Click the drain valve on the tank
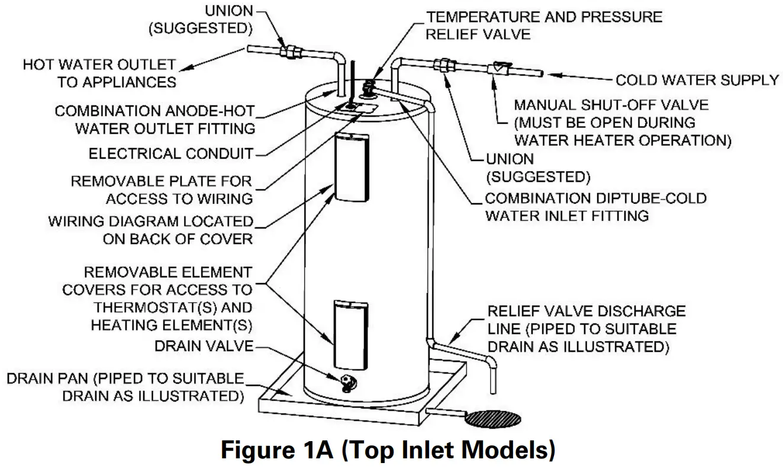[x=347, y=381]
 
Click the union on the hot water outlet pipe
[x=291, y=52]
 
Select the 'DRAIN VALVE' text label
[x=203, y=346]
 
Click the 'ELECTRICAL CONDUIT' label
[x=170, y=154]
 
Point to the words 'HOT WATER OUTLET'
[x=99, y=64]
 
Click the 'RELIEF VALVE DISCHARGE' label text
[x=586, y=311]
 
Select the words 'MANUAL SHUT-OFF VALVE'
[x=611, y=106]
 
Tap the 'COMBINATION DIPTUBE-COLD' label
[x=595, y=198]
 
